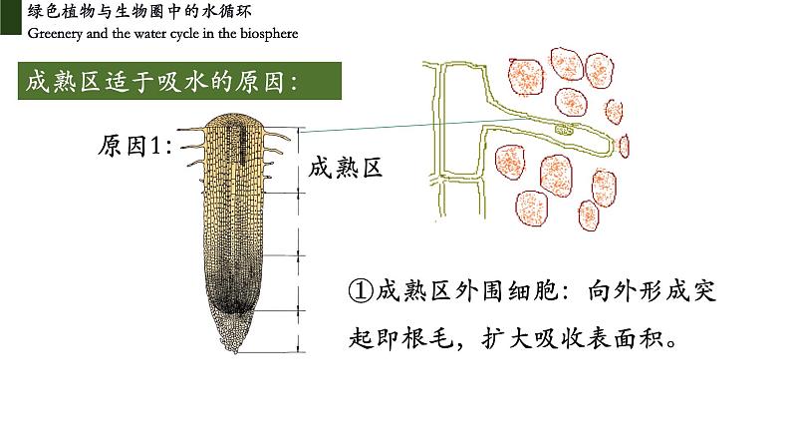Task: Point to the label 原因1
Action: [x=135, y=147]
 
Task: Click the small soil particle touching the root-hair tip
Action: [x=626, y=146]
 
